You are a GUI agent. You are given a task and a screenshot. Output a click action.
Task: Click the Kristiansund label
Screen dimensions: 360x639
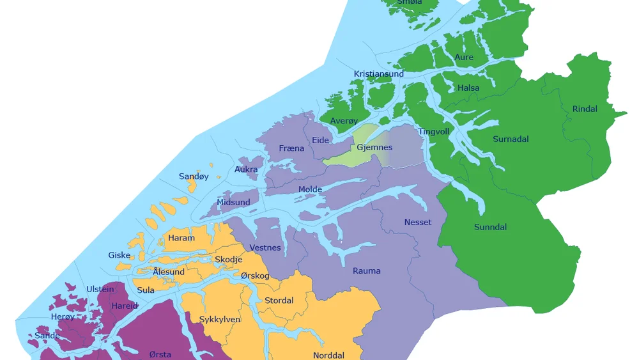tap(379, 74)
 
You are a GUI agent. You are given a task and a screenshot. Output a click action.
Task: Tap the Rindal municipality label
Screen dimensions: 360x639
tap(585, 109)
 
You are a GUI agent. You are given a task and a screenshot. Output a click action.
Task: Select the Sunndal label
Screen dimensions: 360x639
tap(490, 227)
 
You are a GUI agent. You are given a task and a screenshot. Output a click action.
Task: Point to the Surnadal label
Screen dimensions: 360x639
tap(511, 139)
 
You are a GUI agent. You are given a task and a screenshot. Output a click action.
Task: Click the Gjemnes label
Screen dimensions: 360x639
tap(374, 148)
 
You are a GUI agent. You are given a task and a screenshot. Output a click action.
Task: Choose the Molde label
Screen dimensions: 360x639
tap(310, 190)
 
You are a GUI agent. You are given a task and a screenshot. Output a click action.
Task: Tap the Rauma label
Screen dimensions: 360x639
tap(366, 271)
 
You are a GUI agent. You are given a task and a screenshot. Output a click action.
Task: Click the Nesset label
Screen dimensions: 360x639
tap(417, 223)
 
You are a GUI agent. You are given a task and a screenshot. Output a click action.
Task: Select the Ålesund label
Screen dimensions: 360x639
tap(169, 272)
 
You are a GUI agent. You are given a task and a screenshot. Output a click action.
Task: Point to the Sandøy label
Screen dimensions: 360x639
tap(194, 176)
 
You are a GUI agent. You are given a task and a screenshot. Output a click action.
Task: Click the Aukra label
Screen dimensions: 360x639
tap(246, 169)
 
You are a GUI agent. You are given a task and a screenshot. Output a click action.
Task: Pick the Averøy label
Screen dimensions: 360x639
tap(344, 121)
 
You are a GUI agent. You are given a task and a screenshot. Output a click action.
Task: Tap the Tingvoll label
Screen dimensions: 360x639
tap(434, 132)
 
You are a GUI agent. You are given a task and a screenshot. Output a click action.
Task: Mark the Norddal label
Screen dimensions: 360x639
tap(328, 356)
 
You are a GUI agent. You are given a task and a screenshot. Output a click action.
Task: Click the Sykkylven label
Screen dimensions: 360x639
tap(219, 319)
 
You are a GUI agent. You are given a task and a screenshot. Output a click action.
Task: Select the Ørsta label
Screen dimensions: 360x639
tap(160, 354)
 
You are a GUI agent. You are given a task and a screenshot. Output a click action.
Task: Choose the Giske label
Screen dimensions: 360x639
tap(119, 255)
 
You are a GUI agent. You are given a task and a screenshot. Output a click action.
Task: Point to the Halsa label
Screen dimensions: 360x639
tap(468, 88)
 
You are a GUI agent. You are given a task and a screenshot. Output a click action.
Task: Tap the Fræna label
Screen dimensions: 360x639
tap(291, 148)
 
